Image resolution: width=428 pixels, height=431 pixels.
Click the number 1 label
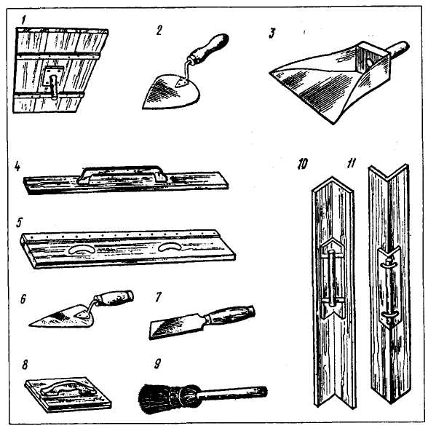coord(23,20)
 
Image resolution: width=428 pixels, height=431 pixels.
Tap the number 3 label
coord(272,33)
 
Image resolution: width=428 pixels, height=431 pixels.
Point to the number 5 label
coord(19,223)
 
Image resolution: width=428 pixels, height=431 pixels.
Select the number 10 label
coord(302,164)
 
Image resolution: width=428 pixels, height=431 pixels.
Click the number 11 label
coord(351,164)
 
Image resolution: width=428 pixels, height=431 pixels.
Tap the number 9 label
coord(157,364)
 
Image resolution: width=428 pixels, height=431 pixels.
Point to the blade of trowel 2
coord(170,92)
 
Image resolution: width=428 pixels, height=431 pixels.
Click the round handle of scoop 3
coord(397,50)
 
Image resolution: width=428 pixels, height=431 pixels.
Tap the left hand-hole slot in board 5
coord(82,249)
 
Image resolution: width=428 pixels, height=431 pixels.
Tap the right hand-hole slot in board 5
coord(170,247)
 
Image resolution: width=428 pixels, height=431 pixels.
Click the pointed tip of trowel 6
coord(29,325)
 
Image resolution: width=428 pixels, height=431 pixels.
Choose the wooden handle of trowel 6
coord(114,298)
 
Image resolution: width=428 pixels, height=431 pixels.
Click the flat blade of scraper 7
coord(178,325)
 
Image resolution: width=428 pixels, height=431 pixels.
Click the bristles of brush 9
coord(159,395)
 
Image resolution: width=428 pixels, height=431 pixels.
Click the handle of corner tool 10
coord(333,277)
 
